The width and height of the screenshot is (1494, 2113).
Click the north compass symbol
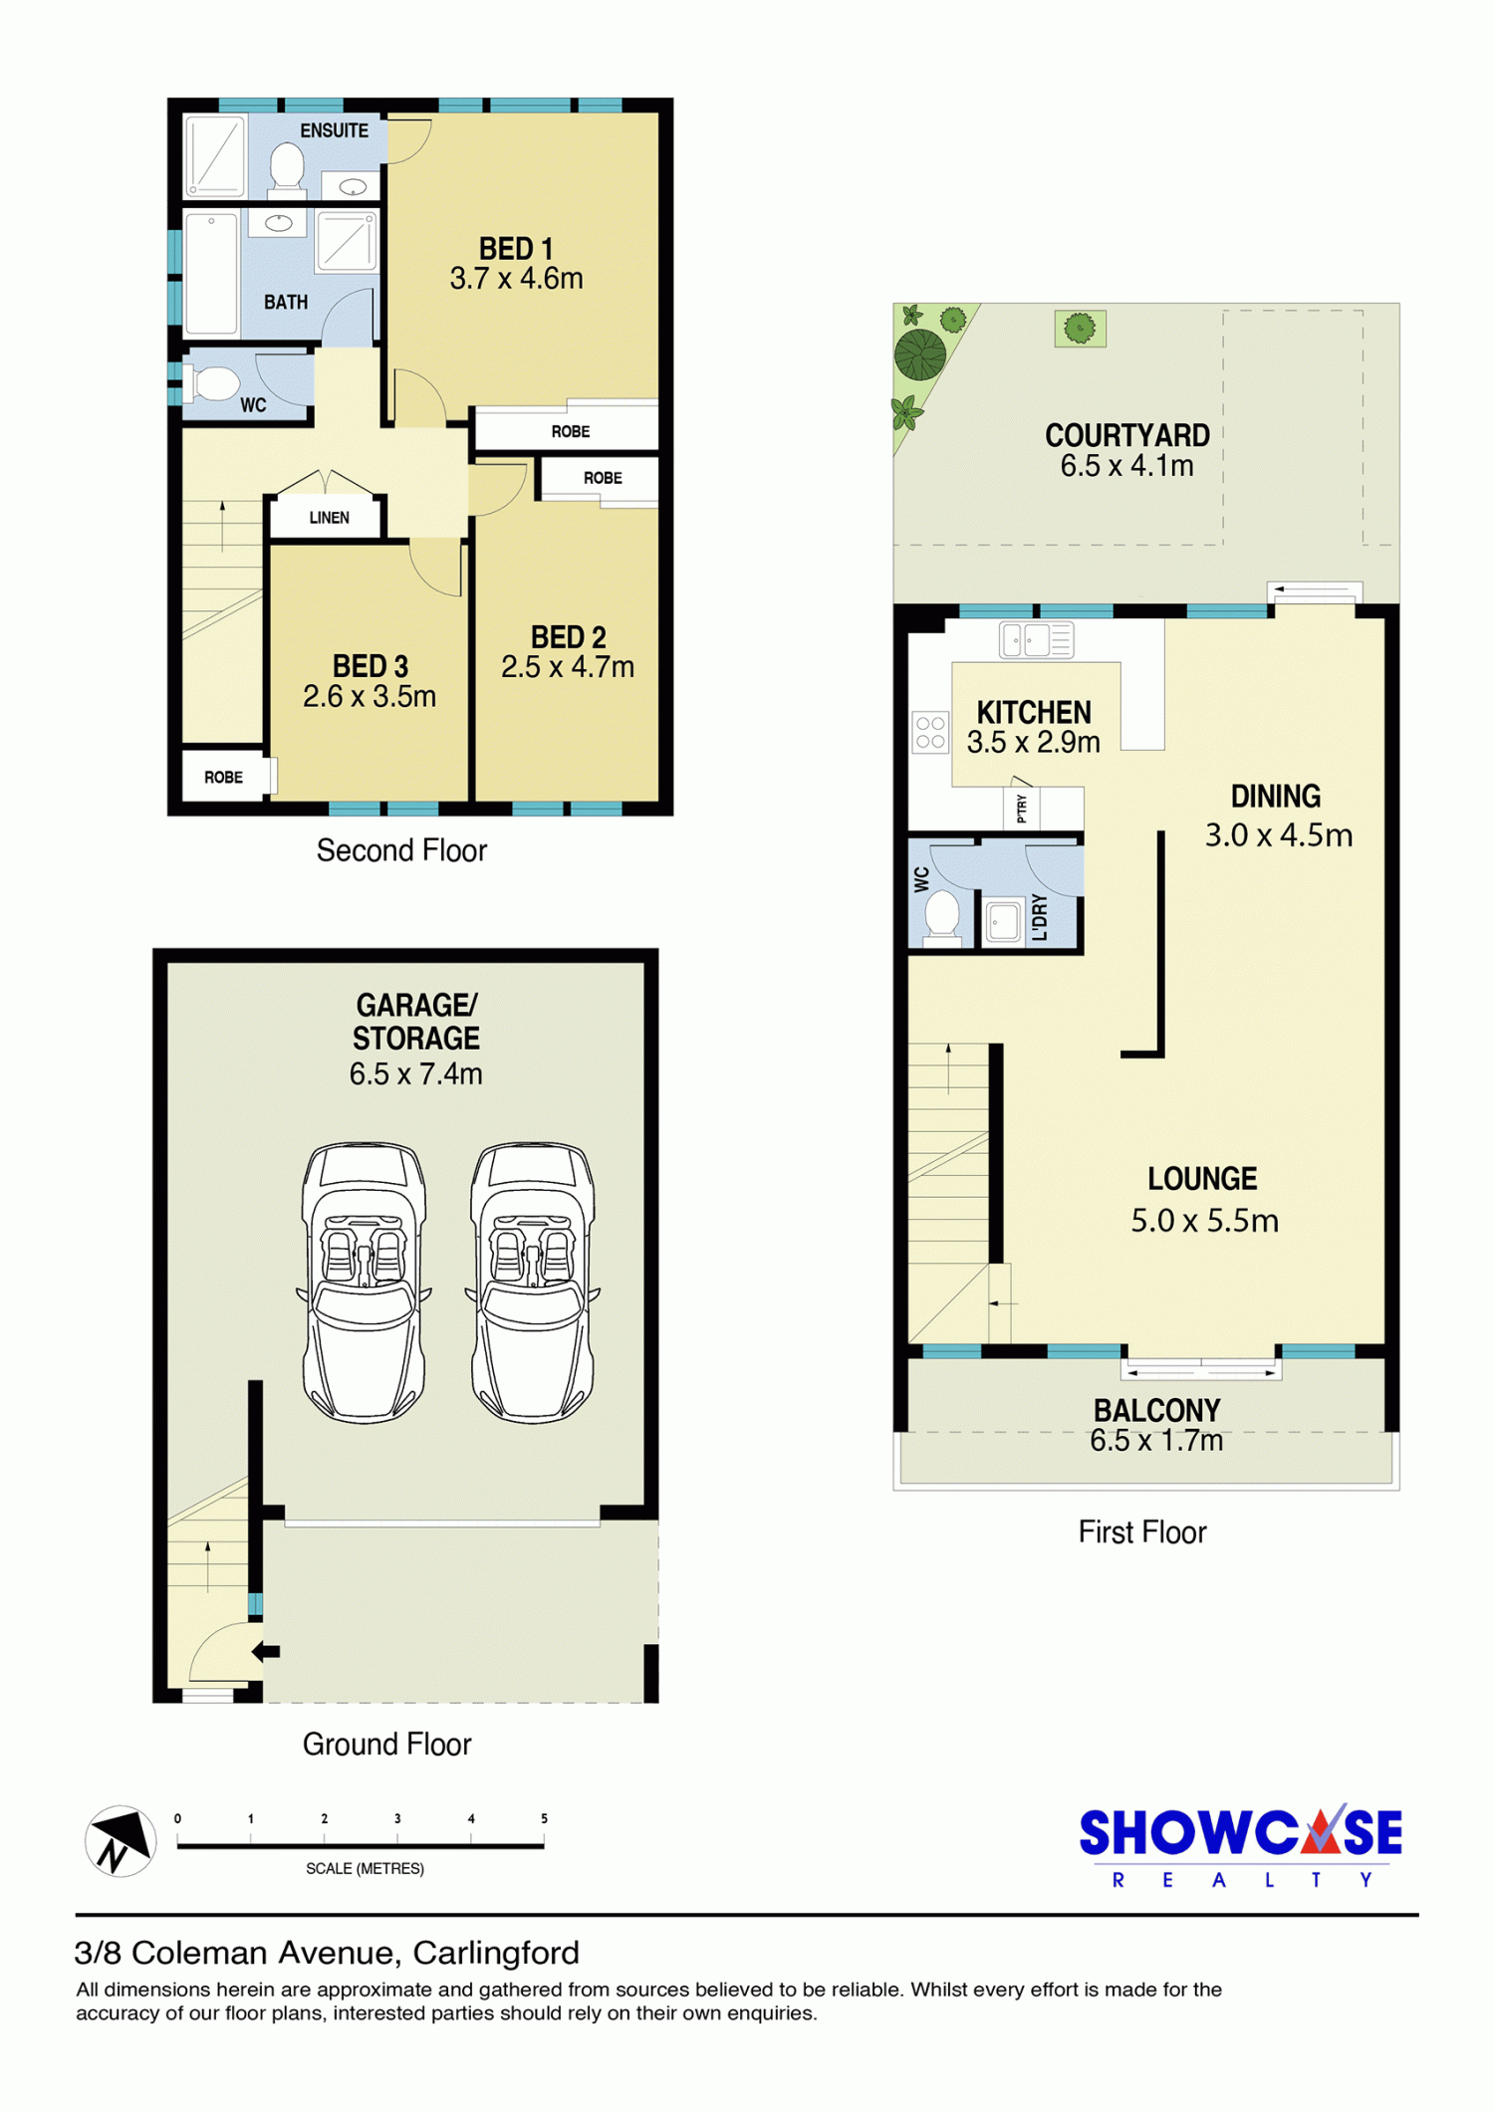(121, 1841)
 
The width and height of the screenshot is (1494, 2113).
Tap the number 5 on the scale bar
(544, 1818)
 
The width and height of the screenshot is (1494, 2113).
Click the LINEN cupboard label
(330, 518)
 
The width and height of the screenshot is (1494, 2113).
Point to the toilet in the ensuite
(288, 167)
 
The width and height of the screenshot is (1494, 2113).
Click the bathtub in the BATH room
(211, 273)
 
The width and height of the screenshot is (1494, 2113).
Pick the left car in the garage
(365, 1282)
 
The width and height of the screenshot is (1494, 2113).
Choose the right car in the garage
(533, 1282)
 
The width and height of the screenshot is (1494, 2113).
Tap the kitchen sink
(1037, 639)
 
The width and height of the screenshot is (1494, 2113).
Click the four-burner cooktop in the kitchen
(931, 732)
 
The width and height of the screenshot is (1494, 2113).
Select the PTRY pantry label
(1022, 809)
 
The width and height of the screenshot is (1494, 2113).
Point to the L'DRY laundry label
(1040, 917)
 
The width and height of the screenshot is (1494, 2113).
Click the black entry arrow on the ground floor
(265, 1651)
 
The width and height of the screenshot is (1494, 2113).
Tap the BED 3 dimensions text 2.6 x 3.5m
(370, 696)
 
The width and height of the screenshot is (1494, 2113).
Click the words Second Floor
(401, 850)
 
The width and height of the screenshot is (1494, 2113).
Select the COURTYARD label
(1127, 435)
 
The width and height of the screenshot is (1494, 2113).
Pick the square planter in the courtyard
(1080, 328)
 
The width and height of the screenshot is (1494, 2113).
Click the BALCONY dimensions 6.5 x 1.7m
(1156, 1440)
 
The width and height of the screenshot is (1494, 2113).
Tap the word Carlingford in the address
(496, 1953)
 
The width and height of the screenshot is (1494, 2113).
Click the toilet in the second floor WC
(214, 383)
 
